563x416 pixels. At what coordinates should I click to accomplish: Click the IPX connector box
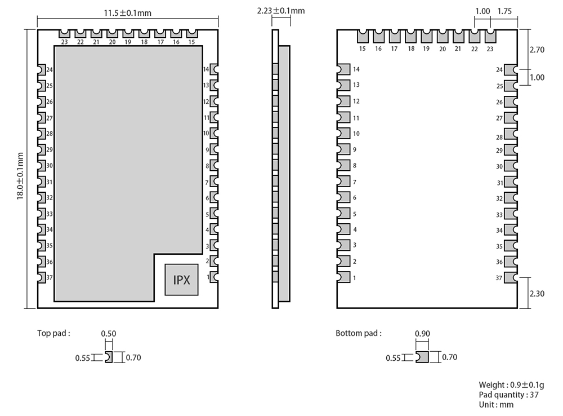click(181, 280)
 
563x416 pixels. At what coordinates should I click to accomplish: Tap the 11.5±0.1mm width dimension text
click(128, 12)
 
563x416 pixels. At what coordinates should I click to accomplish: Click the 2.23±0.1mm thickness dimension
click(280, 11)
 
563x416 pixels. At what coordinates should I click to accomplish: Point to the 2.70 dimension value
click(537, 50)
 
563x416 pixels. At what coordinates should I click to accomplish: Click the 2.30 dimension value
click(537, 293)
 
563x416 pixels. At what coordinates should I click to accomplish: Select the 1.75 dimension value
click(504, 11)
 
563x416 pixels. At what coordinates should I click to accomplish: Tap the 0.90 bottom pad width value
click(422, 334)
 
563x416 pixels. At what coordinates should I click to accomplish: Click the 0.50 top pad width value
click(108, 334)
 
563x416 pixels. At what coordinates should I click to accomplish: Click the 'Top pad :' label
click(53, 333)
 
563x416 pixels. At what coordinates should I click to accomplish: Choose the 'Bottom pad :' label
click(359, 333)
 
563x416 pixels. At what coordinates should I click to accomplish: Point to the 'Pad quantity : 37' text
click(508, 395)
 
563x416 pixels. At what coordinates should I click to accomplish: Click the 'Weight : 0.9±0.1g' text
click(511, 385)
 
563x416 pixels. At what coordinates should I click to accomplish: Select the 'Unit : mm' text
click(496, 404)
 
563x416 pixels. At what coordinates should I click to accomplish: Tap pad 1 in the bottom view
click(343, 277)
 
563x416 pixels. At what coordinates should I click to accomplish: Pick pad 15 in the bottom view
click(362, 37)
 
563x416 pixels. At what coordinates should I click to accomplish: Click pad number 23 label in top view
click(64, 42)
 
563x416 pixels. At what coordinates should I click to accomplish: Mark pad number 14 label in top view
click(206, 69)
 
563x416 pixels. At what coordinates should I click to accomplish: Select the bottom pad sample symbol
click(422, 357)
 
